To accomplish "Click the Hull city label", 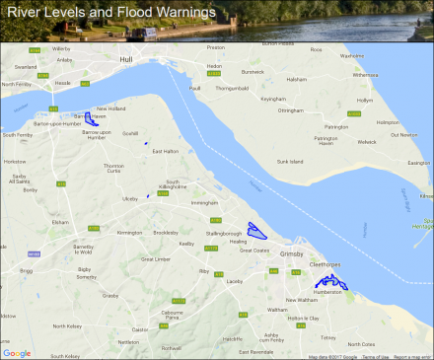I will pyautogui.click(x=124, y=60).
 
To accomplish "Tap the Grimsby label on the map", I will pyautogui.click(x=293, y=253).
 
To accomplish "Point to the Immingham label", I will pyautogui.click(x=202, y=201).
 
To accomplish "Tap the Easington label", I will pyautogui.click(x=418, y=163).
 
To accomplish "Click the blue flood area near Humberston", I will pyautogui.click(x=333, y=283).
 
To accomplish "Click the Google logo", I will pyautogui.click(x=17, y=352).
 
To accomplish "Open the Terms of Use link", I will pyautogui.click(x=376, y=356).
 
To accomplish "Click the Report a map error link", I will pyautogui.click(x=411, y=356).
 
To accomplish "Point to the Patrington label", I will pyautogui.click(x=337, y=127).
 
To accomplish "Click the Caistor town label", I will pyautogui.click(x=140, y=328).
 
